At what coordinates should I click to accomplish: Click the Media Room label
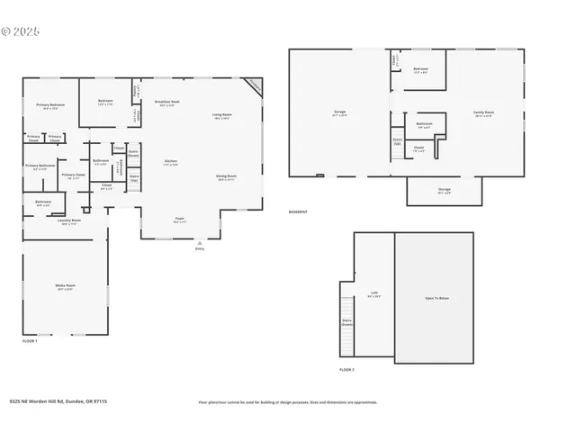click(x=66, y=286)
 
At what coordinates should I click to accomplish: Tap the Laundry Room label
click(x=69, y=221)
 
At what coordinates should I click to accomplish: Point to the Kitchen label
click(x=170, y=164)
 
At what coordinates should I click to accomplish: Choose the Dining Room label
click(x=226, y=176)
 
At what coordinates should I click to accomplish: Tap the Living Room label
click(x=222, y=115)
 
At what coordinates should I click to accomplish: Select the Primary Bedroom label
click(x=50, y=106)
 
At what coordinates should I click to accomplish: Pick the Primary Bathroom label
click(x=40, y=166)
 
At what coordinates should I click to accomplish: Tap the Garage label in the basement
click(x=339, y=113)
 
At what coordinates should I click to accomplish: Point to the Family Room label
click(x=484, y=113)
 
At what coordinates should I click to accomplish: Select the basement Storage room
click(x=445, y=190)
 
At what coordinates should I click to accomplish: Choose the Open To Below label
click(x=436, y=298)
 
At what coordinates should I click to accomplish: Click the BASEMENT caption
click(x=298, y=212)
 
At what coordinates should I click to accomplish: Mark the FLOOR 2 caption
click(x=346, y=370)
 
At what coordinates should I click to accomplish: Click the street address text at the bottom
click(x=58, y=401)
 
